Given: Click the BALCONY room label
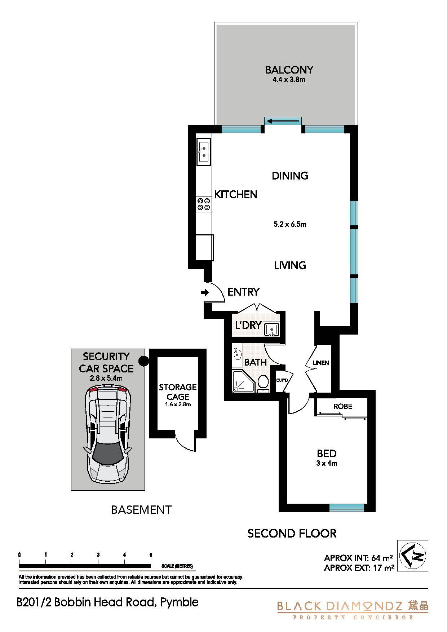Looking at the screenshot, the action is coord(289,70).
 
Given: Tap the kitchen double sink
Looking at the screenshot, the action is coord(204,152).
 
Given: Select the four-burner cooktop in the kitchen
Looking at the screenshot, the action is coord(204,204).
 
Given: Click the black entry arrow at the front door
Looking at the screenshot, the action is coord(205,293).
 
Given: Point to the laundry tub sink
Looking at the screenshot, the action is coord(271,328).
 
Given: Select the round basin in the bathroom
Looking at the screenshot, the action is coord(237,354).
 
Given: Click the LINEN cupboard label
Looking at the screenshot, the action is coord(321,363).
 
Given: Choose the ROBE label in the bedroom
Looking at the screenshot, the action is coord(343,406).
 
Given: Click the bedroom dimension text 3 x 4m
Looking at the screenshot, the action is coord(327,463).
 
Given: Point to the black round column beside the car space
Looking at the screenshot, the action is coord(143,361).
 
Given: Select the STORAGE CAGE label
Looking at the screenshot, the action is coord(178,392).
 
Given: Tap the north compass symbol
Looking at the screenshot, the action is coord(412,556).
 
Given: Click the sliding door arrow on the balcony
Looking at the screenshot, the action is coord(283,121).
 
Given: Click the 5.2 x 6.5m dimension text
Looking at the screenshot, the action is coord(290,224).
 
